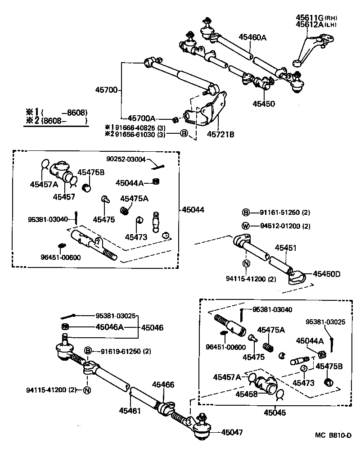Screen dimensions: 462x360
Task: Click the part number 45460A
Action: [252, 38]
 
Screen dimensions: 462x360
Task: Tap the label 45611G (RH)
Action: [316, 18]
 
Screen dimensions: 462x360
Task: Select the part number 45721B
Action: [220, 134]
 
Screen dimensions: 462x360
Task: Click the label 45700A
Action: [141, 118]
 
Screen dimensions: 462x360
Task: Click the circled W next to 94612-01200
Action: [246, 226]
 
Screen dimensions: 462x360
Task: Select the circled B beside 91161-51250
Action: [246, 213]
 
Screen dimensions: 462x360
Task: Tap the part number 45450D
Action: [327, 273]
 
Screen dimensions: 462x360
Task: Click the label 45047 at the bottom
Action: [232, 432]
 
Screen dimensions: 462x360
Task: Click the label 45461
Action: [130, 411]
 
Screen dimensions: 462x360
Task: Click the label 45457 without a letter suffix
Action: [63, 197]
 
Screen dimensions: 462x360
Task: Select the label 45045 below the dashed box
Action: [274, 412]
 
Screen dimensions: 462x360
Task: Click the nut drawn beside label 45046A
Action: [64, 327]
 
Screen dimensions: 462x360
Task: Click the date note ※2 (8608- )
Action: [57, 121]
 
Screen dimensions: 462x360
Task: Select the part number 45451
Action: [286, 248]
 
